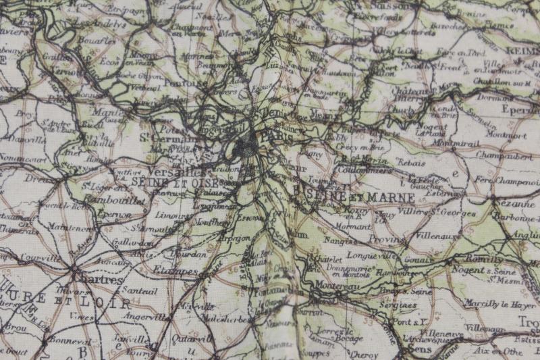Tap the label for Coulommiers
367,170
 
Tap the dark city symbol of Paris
246,145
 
